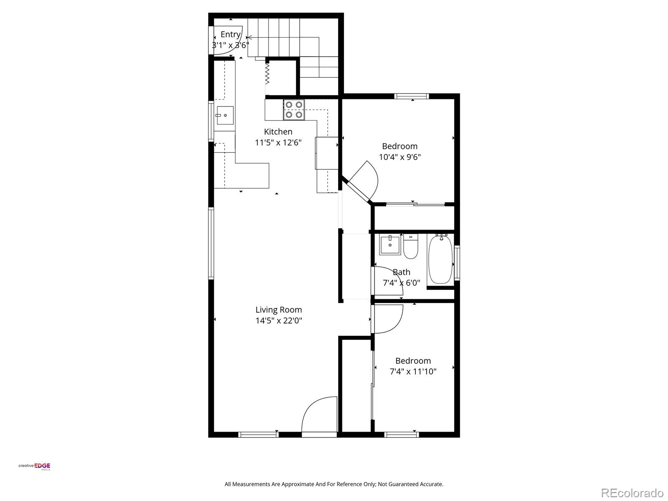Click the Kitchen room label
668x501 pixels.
(278, 132)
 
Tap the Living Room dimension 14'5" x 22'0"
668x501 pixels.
(278, 321)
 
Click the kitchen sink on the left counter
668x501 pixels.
(225, 115)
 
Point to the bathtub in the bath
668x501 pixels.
(440, 260)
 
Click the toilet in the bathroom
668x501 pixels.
(410, 247)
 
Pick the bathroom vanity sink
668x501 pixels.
(390, 245)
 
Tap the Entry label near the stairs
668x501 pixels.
(230, 34)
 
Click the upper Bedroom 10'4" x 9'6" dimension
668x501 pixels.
(400, 157)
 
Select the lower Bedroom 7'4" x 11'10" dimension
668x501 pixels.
(413, 372)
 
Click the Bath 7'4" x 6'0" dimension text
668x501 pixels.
(401, 283)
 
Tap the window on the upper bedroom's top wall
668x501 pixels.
(412, 96)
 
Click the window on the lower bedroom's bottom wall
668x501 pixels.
(401, 435)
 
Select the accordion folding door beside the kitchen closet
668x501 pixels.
(267, 73)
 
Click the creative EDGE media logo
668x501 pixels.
(34, 466)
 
